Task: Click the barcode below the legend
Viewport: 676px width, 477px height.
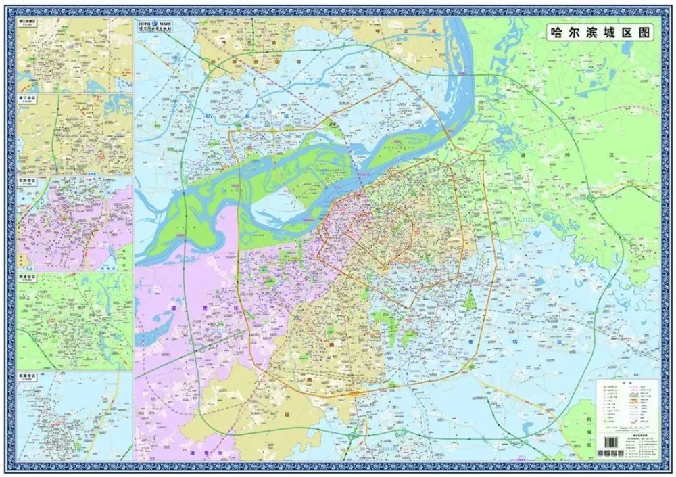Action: [x=609, y=441]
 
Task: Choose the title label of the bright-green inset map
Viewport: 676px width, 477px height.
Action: [x=30, y=277]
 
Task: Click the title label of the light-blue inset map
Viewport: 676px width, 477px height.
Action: [x=30, y=374]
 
